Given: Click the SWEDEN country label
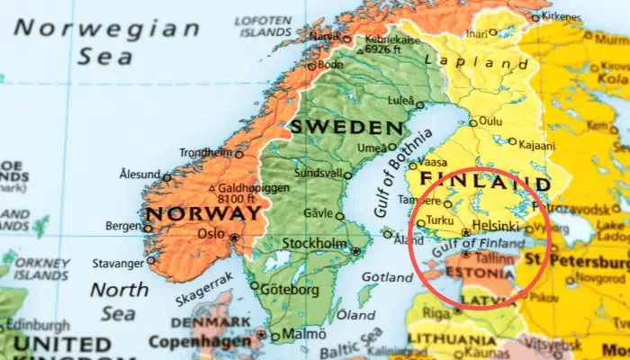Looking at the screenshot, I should [346, 126].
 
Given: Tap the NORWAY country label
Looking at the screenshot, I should [204, 214].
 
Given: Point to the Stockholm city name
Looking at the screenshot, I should [315, 244].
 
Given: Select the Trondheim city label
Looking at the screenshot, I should [206, 153].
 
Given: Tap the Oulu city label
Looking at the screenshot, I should [490, 121].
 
